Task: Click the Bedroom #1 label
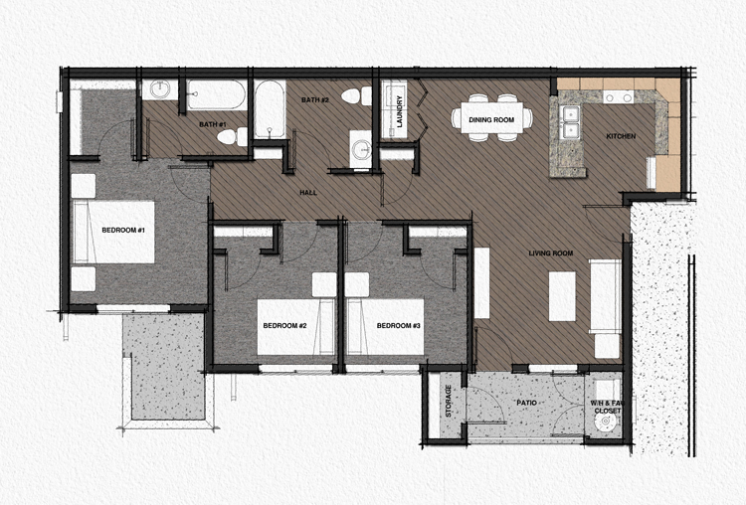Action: coord(123,232)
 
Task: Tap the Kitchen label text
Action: coord(622,136)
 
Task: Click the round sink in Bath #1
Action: coord(159,91)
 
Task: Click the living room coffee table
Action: coord(563,295)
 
